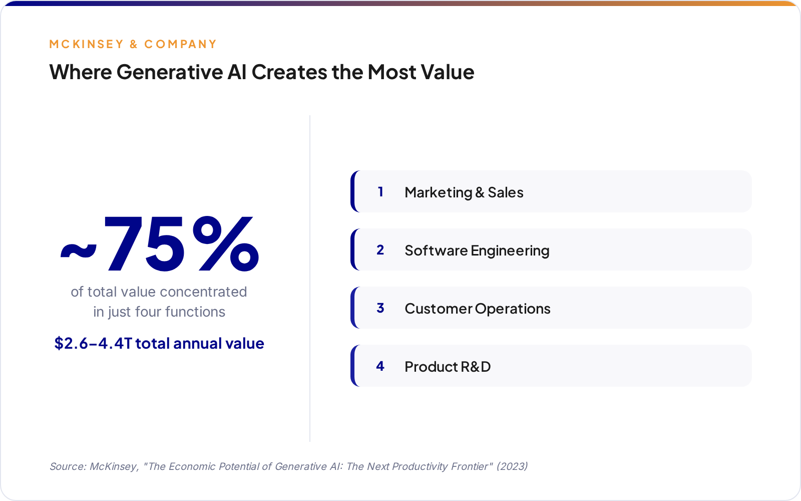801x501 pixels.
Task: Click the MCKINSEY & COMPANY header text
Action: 133,44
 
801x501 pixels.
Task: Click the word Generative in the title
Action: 170,72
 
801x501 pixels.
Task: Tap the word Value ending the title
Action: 447,72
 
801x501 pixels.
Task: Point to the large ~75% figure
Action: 159,244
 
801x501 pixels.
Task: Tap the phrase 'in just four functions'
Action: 159,312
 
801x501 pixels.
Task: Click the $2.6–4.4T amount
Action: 93,344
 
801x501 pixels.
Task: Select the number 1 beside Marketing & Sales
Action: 380,192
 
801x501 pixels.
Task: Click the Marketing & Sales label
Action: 464,192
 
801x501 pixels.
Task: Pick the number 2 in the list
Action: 380,250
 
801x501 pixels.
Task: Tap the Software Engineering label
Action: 477,250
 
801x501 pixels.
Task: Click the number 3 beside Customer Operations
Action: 380,308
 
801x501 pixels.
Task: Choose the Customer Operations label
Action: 477,309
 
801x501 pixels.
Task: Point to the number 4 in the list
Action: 380,366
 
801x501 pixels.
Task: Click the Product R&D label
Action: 447,367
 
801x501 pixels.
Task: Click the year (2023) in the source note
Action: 512,466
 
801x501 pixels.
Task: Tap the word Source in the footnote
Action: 67,466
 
